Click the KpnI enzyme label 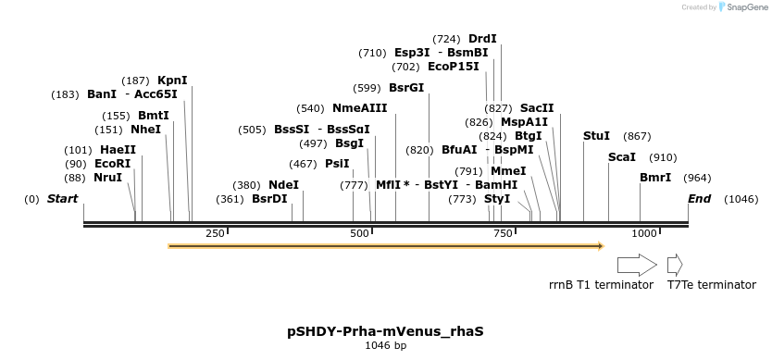coord(172,81)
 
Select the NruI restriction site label coord(107,178)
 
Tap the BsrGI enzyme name coord(406,88)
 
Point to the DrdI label coord(482,39)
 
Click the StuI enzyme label coord(596,136)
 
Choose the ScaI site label coord(621,157)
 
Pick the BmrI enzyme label coord(655,178)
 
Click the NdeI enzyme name coord(283,185)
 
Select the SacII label coord(537,108)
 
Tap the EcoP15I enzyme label coord(454,67)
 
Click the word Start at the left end coord(62,199)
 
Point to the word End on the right coord(700,199)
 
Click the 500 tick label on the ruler coord(359,234)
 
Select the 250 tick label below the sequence coord(215,234)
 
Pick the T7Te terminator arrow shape coord(675,265)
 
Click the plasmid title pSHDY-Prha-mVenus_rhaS coord(385,330)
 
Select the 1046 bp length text coord(385,345)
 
